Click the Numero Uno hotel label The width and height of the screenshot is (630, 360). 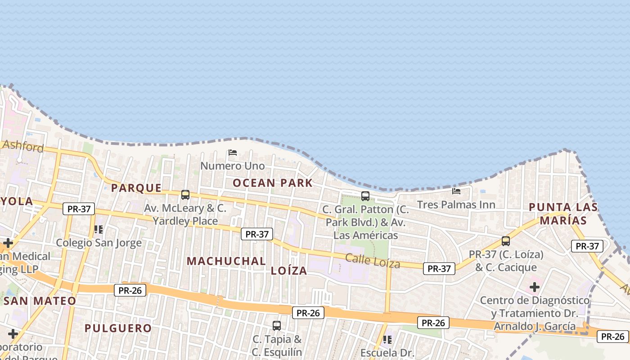pos(232,166)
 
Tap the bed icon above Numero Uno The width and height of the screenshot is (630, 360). pos(233,153)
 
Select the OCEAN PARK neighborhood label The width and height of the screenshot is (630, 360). pos(273,183)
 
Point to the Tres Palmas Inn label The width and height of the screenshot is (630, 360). pos(456,205)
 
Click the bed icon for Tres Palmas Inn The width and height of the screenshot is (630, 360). pos(456,191)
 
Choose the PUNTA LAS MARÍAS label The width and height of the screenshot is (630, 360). pos(563,214)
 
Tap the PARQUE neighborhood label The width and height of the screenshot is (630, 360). pos(136,188)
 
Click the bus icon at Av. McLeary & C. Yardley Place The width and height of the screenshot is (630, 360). pos(185,195)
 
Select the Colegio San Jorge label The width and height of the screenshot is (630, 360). pos(99,243)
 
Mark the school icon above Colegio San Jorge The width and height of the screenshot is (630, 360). pos(99,229)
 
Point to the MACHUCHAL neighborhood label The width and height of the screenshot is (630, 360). pos(226,261)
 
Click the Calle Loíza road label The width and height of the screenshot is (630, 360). pos(373,261)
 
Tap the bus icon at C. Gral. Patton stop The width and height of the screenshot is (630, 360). pos(365,196)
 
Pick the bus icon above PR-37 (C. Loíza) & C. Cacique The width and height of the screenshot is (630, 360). pos(506,241)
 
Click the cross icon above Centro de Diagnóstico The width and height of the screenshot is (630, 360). pos(535,287)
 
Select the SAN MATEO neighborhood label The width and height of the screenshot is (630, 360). pos(40,301)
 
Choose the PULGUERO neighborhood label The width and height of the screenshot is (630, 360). pos(118,328)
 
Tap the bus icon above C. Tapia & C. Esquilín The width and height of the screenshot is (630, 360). pos(277,325)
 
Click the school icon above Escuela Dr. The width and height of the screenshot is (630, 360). pos(387,339)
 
